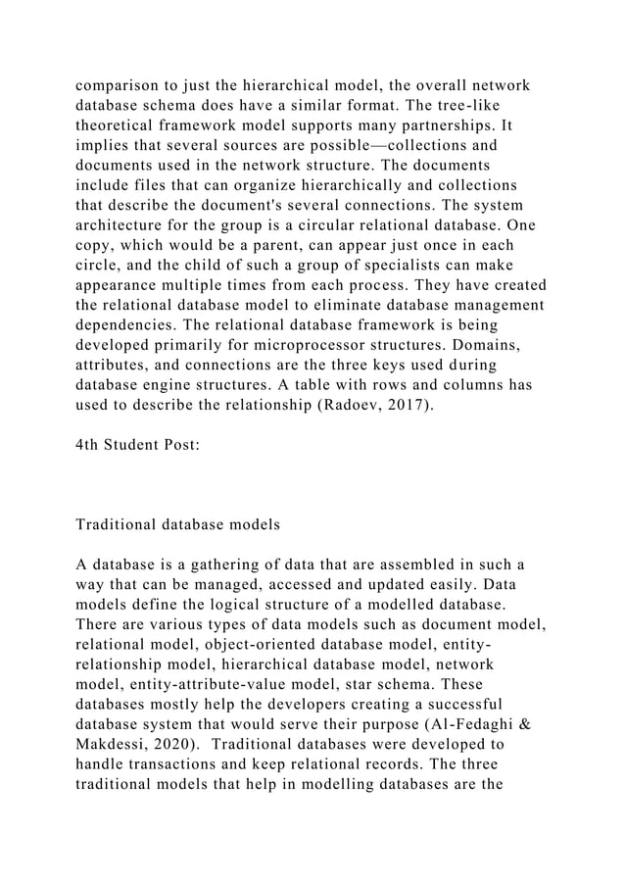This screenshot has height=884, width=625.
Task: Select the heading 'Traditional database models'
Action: (177, 524)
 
